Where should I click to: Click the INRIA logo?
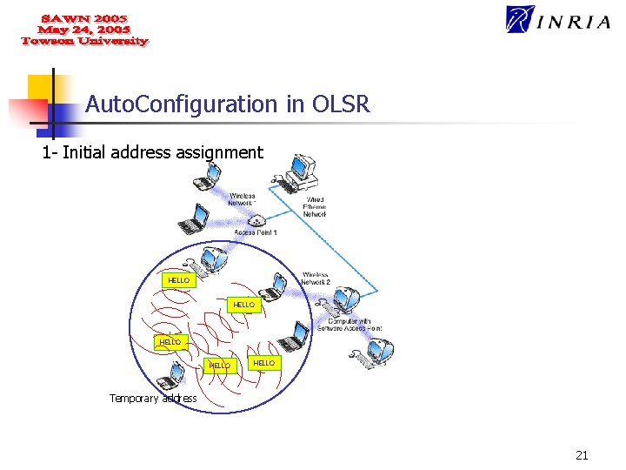pos(558,20)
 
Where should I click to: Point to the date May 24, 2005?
pos(83,30)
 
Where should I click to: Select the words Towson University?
pos(84,41)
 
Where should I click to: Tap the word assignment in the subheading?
pos(219,153)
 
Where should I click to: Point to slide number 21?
pos(582,454)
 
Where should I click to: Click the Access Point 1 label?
pos(256,232)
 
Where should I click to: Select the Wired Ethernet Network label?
pos(315,206)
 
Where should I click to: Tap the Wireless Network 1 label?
pos(243,199)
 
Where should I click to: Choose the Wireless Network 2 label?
pos(315,279)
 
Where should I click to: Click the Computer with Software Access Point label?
pos(349,325)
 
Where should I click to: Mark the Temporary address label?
pos(153,399)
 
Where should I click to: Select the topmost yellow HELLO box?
pos(178,280)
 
